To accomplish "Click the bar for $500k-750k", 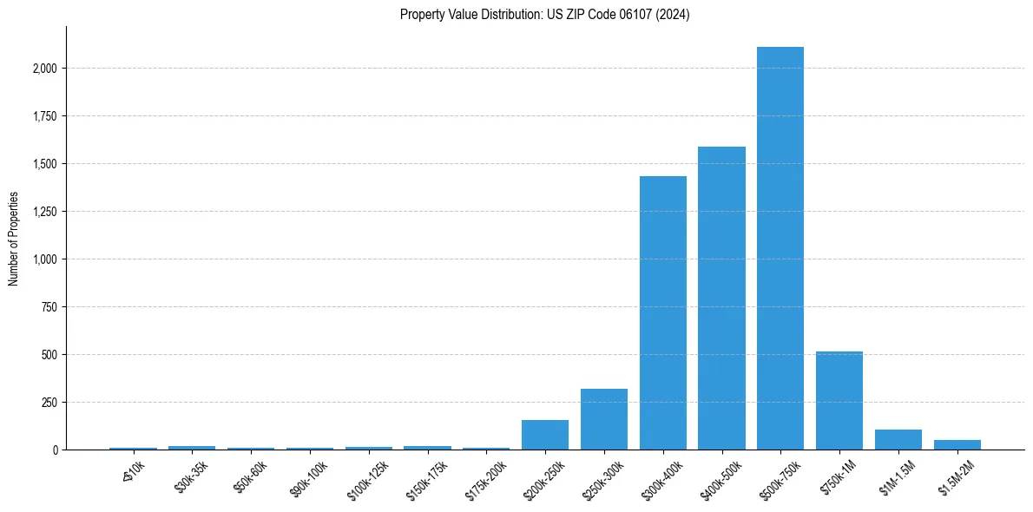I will [x=780, y=248].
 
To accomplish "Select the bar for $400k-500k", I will [x=721, y=299].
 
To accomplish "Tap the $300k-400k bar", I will [x=663, y=313].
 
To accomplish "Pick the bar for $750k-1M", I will [x=839, y=401].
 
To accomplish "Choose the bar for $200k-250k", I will [x=545, y=435].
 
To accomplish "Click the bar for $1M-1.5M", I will [x=898, y=440].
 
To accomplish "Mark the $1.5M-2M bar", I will [x=957, y=444].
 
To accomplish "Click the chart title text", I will [x=545, y=15].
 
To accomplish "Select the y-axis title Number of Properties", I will [x=14, y=239].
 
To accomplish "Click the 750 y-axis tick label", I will [x=49, y=307].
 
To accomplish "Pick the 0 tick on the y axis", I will [x=54, y=450].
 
